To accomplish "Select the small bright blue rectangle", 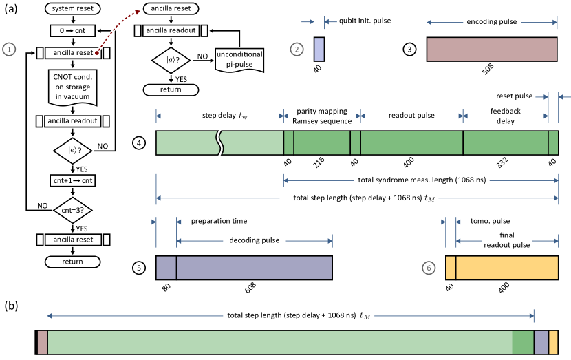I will [319, 50].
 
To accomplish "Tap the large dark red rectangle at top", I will [492, 50].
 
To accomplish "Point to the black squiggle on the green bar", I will [219, 142].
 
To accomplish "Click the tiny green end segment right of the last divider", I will [553, 142].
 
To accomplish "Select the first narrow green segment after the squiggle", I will [289, 142].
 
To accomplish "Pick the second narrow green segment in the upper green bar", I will [355, 142].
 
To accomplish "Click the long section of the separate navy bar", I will [255, 268].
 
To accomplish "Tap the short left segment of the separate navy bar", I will [166, 268].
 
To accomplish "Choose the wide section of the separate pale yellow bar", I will [507, 268].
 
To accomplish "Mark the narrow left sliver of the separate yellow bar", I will [451, 268].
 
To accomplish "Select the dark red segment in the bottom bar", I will [42, 342].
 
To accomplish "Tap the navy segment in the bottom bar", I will [541, 342].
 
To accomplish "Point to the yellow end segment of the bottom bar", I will [553, 342].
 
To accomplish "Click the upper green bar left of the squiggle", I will [186, 142].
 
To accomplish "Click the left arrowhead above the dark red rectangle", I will [429, 23].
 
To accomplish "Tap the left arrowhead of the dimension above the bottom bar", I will [50, 316].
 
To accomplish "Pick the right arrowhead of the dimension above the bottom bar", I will [531, 316].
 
